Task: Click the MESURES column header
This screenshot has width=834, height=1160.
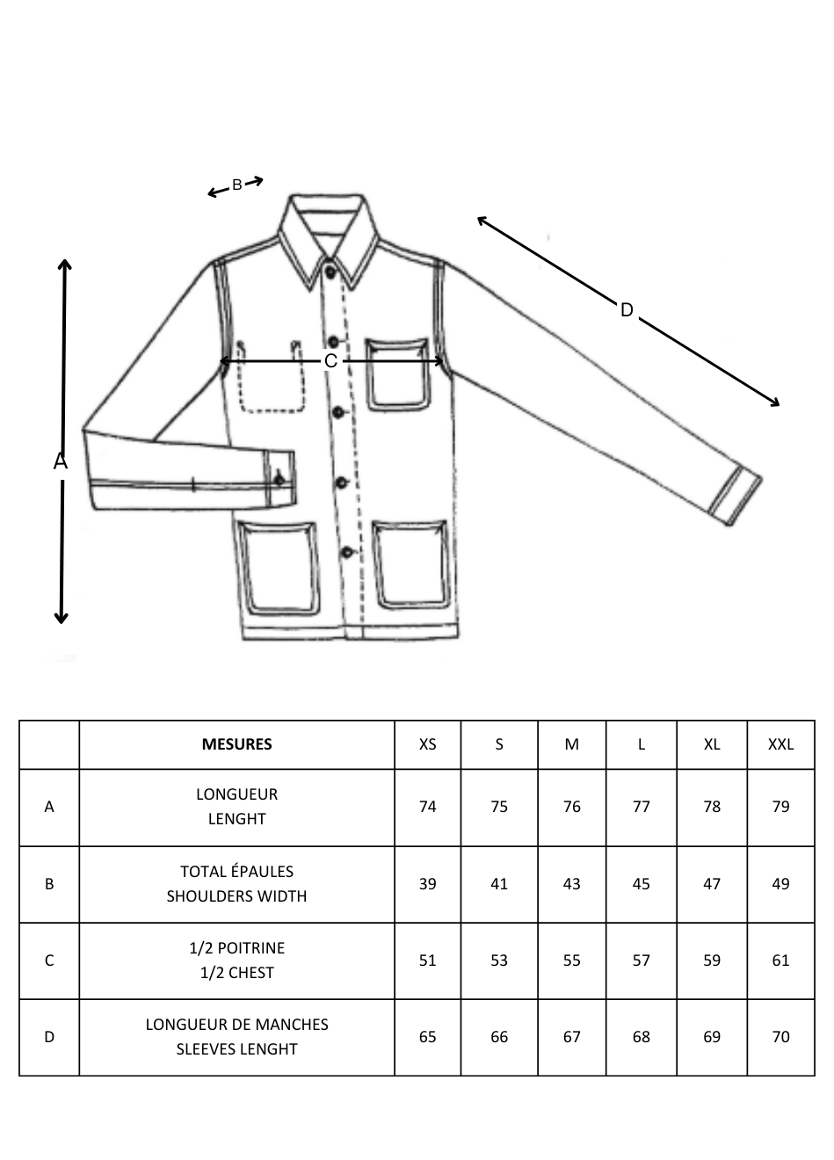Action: click(236, 744)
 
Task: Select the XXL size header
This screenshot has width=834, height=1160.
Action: click(780, 744)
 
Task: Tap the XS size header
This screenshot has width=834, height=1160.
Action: click(427, 744)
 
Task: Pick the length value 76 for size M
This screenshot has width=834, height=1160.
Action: click(571, 807)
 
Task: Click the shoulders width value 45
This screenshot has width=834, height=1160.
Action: click(641, 884)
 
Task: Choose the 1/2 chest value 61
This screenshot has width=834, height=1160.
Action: click(780, 961)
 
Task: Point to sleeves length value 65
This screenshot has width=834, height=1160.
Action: click(427, 1037)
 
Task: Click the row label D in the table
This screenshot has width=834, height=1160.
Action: click(49, 1037)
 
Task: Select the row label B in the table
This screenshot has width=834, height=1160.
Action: click(49, 884)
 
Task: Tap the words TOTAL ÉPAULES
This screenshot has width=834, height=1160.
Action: click(236, 872)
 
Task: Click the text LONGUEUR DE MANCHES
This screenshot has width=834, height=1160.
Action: click(236, 1025)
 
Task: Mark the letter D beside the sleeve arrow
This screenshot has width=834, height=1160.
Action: click(627, 310)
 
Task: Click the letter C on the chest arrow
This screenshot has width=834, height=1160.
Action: click(330, 361)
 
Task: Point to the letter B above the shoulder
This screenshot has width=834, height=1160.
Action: click(236, 185)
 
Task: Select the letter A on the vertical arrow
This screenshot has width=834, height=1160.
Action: click(61, 460)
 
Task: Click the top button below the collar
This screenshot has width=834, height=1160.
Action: click(330, 271)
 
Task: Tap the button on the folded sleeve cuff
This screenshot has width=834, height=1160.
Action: click(279, 480)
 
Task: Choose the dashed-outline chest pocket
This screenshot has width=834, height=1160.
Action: click(271, 377)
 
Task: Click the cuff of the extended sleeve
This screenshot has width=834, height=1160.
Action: click(735, 498)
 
